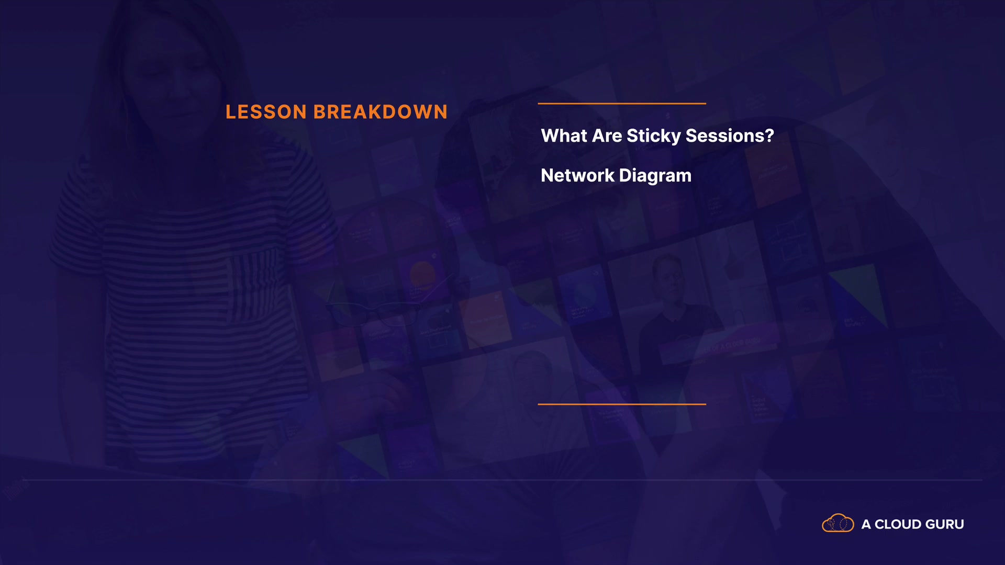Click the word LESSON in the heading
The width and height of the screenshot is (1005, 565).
tap(266, 112)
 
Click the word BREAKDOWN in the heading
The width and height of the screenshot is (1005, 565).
tap(381, 112)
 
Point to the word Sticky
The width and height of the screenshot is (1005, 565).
tap(654, 136)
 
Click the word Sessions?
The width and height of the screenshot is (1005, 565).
tap(730, 135)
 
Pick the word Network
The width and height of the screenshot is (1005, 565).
tap(578, 175)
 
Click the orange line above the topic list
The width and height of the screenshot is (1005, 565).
tap(622, 104)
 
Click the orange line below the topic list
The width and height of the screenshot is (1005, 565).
tap(622, 404)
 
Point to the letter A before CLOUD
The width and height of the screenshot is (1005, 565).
tap(866, 524)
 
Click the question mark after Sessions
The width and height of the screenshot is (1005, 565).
tap(769, 135)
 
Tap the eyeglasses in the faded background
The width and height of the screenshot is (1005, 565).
tap(373, 312)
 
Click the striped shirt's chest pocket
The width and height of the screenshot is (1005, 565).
tap(252, 285)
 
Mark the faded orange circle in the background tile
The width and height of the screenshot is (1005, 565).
tap(422, 274)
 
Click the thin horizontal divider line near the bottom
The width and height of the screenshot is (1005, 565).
tap(502, 479)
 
